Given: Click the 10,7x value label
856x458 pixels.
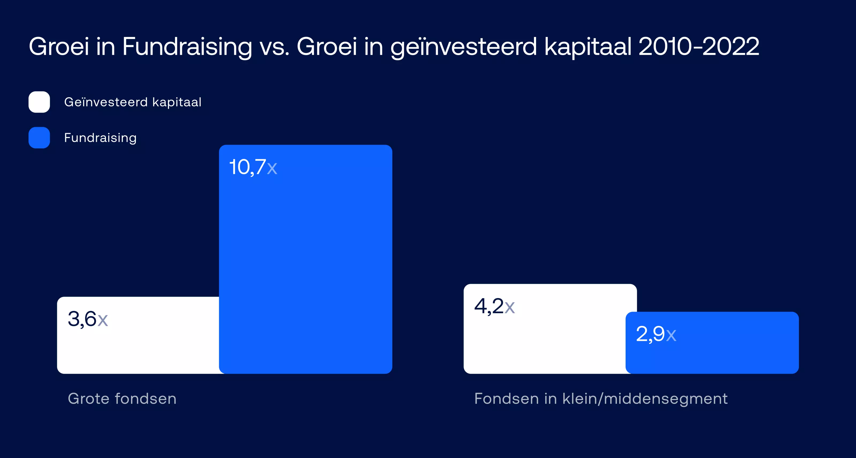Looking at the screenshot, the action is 253,167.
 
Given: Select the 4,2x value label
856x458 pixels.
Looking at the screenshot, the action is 494,306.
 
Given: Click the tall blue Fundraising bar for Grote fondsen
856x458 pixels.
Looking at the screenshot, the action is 306,259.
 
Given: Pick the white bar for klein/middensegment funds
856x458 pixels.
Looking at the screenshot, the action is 545,329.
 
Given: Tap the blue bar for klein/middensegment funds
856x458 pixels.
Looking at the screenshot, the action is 712,343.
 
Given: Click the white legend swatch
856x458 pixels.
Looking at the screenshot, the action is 39,102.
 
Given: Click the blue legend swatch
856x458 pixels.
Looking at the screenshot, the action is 39,138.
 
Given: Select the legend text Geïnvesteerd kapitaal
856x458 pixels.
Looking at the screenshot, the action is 133,102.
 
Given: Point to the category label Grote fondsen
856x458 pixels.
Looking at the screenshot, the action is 122,399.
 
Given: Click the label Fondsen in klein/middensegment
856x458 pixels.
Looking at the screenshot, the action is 601,399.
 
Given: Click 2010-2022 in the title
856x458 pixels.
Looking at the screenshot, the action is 699,47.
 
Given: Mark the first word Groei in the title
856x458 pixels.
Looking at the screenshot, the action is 59,47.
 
